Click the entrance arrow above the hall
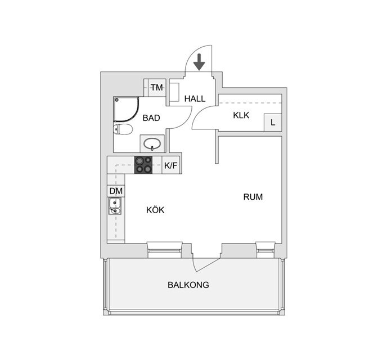199,62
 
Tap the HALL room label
195,98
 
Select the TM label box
157,87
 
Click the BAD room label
151,118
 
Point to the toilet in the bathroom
123,129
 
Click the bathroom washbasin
152,144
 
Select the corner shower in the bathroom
126,109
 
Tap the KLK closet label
241,115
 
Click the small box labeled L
273,123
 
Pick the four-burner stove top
143,165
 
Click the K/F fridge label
171,165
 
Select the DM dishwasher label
116,191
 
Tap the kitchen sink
115,206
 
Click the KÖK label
155,210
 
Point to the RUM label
253,197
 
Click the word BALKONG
188,285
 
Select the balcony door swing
206,265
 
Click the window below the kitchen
165,250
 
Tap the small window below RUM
265,250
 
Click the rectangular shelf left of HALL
175,92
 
